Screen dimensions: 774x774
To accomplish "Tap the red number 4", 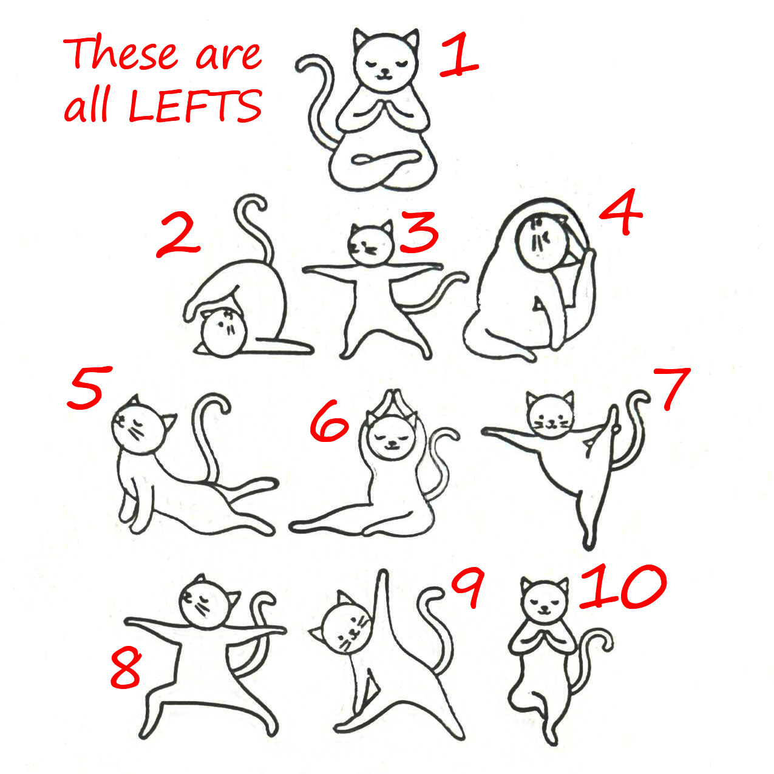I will (620, 212).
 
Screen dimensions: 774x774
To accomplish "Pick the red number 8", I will (126, 667).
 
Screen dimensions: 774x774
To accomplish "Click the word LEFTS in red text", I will (195, 106).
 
